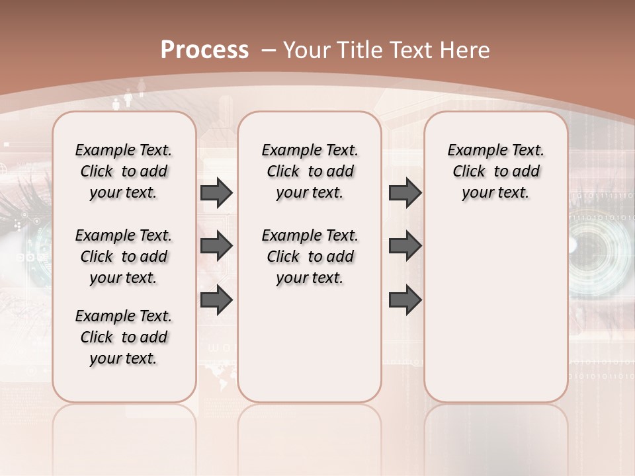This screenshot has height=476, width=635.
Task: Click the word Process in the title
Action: coord(204,50)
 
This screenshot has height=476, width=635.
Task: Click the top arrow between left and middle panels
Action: coord(216,192)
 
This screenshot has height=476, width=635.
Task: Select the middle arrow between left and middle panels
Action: coord(216,246)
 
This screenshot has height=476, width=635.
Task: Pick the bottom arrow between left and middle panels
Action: coord(216,300)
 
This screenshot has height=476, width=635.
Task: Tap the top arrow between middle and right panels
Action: coord(405,192)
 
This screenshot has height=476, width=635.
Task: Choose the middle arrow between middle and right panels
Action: coord(405,246)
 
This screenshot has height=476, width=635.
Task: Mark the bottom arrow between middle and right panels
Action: coord(405,300)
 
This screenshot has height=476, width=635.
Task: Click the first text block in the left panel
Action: coord(124,171)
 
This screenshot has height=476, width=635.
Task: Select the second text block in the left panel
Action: coord(124,257)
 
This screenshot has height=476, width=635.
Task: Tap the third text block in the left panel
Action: coord(124,337)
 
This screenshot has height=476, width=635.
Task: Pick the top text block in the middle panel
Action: coord(310,171)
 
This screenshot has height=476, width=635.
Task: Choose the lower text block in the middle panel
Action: coord(310,257)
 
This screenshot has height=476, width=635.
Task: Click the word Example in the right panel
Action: coord(475,150)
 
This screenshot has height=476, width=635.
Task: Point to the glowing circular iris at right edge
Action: coord(599,246)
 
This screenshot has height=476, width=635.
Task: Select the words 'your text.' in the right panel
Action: coord(495,192)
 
